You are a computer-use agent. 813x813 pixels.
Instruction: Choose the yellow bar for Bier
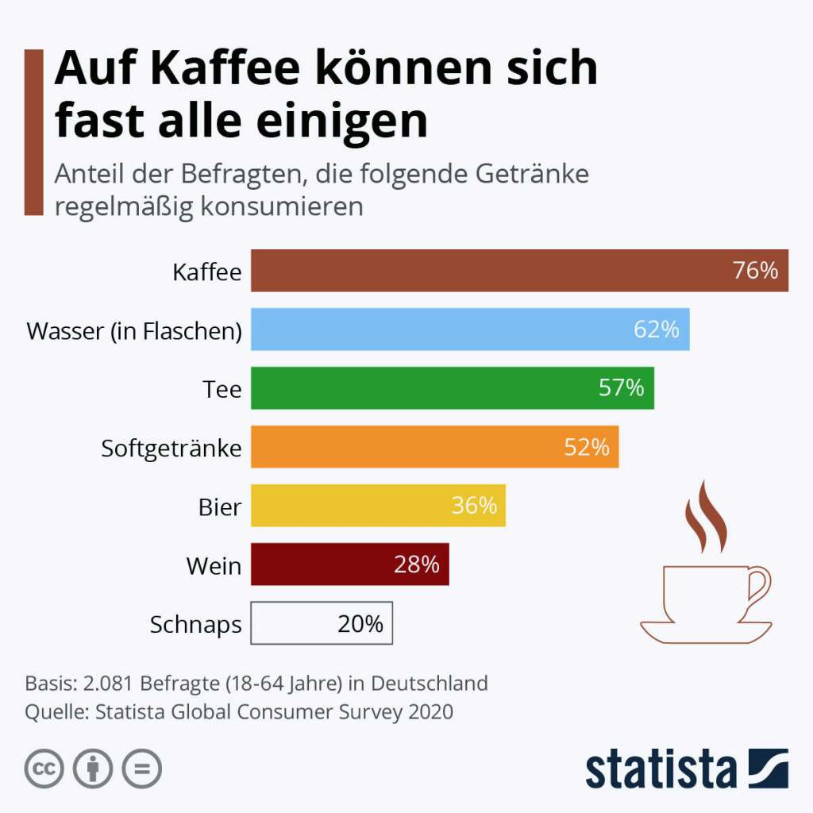click(x=357, y=506)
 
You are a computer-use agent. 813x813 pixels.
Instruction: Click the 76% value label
click(x=755, y=271)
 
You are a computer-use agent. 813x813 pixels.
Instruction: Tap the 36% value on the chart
click(x=474, y=506)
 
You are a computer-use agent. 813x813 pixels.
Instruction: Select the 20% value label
click(x=360, y=624)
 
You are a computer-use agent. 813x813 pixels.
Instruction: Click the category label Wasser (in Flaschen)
click(x=134, y=330)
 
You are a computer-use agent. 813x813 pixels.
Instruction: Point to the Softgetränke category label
click(x=171, y=448)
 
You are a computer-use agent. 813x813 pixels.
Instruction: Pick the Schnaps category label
click(x=195, y=625)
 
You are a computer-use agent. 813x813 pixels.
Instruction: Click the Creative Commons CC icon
click(x=44, y=769)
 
